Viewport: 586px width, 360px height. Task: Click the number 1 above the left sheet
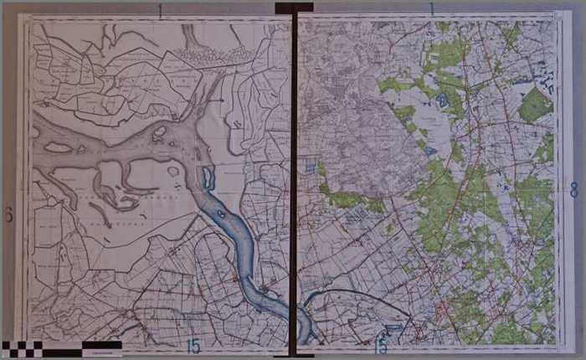click(160, 11)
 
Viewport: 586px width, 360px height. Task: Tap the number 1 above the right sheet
click(431, 9)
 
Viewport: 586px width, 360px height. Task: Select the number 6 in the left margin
click(8, 215)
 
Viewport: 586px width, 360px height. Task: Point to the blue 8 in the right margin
click(573, 190)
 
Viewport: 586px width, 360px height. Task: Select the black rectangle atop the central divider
click(293, 7)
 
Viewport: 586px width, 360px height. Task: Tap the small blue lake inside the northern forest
click(441, 100)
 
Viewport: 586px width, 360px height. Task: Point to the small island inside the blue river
click(220, 214)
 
